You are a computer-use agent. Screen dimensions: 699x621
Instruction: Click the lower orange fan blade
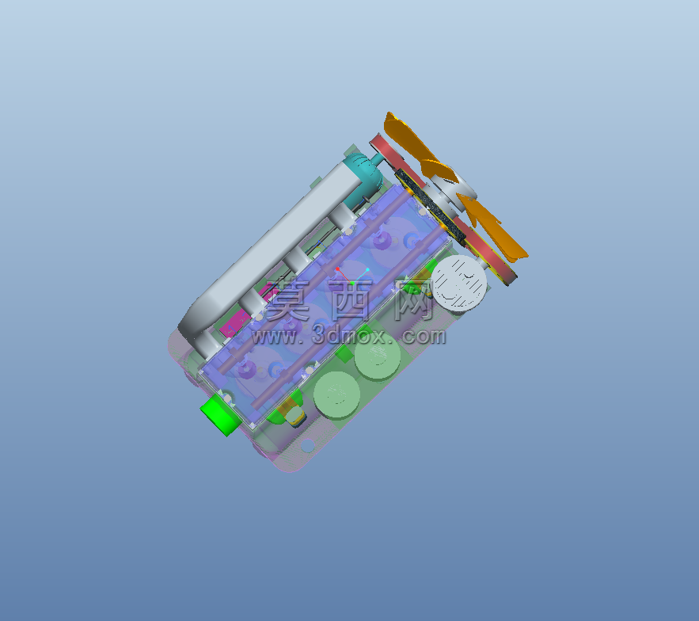(x=492, y=230)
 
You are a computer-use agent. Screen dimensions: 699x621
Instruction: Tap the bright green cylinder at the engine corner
(x=218, y=413)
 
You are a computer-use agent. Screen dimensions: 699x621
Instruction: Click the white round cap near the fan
(x=460, y=283)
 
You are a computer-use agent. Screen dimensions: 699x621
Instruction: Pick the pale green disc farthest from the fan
(x=336, y=395)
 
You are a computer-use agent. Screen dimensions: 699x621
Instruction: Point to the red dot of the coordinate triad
(x=338, y=269)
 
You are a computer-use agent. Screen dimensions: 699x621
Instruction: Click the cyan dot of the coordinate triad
(x=367, y=269)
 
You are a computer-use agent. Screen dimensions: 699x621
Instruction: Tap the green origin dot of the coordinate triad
(x=352, y=283)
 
